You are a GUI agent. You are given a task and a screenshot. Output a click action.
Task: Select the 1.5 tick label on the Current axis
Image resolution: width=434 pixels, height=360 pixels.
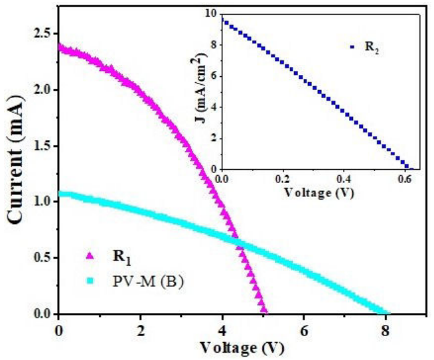click(x=41, y=145)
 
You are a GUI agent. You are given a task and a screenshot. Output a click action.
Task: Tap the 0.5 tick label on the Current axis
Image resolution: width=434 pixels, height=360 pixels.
click(x=41, y=257)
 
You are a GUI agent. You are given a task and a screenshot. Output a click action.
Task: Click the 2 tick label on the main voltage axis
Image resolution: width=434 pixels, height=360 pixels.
click(x=141, y=330)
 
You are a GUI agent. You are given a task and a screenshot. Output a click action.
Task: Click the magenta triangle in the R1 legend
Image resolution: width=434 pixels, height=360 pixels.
click(x=91, y=255)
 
